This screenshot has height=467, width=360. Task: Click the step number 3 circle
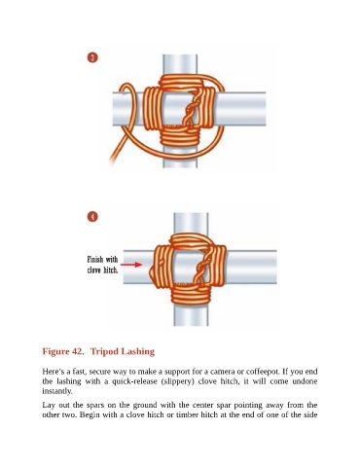pos(92,57)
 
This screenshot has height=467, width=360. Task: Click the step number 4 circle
pos(92,217)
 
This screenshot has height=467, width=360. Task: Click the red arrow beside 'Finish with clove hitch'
pos(131,265)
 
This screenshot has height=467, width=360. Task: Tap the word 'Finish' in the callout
pos(95,260)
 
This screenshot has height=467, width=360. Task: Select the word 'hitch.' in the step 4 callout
pos(111,269)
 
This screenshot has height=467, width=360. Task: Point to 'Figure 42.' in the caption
pos(63,351)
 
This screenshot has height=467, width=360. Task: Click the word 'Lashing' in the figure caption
pos(138,352)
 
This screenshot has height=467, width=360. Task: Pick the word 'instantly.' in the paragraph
pos(57,391)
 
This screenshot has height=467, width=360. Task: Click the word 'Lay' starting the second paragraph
pos(48,406)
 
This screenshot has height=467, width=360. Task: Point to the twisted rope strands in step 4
pos(201,268)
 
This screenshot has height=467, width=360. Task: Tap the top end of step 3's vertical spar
pos(180,55)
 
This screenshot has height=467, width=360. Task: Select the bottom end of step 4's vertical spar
pos(191,325)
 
